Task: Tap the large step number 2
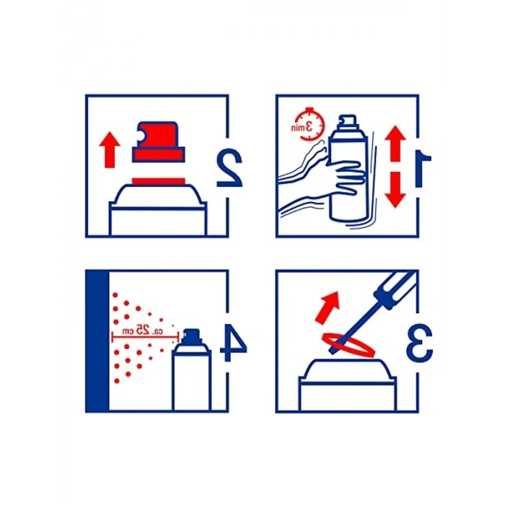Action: [x=229, y=167]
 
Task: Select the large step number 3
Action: [x=419, y=342]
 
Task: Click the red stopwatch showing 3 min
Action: [x=308, y=125]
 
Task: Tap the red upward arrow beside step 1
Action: [x=395, y=144]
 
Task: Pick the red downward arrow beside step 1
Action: [x=395, y=190]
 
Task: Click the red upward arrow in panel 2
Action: [x=110, y=150]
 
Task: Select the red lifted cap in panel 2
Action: [x=159, y=142]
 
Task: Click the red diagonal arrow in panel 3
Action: [x=328, y=307]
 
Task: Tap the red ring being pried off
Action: [x=348, y=346]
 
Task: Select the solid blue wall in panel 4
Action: [x=97, y=341]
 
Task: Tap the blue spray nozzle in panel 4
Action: [x=192, y=336]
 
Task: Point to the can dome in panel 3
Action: [x=347, y=369]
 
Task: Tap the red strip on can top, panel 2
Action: [x=159, y=182]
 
